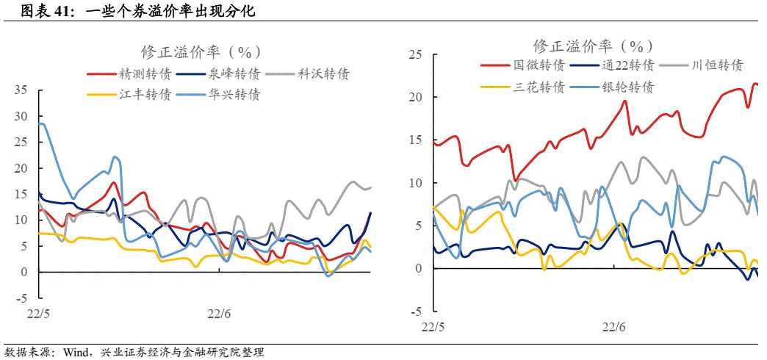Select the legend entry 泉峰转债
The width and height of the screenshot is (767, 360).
234,73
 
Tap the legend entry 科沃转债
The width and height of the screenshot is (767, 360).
323,73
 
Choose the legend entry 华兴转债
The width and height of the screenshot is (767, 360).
234,95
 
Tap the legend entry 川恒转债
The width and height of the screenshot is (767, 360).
718,65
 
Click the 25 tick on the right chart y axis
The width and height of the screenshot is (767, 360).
414,54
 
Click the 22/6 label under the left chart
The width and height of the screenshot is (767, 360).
218,314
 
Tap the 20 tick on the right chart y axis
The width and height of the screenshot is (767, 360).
414,97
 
